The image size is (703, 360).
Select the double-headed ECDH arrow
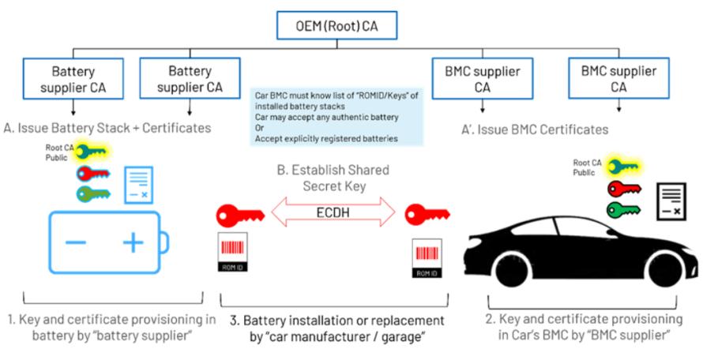[329, 212]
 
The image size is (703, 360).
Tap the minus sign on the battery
[75, 243]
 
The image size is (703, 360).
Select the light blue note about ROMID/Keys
[332, 117]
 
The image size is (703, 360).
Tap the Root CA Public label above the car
[586, 167]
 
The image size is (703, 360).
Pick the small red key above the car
[622, 188]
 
